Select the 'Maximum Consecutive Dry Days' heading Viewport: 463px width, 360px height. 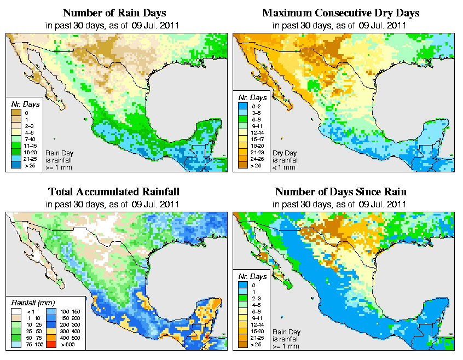coord(340,13)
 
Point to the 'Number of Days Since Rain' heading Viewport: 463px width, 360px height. coord(340,192)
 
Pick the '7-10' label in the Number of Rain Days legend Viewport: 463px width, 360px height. coord(31,138)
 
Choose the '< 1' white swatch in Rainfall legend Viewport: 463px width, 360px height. coord(17,311)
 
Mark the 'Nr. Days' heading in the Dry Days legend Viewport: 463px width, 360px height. coord(255,97)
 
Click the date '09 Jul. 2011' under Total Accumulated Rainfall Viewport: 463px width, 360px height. coord(155,204)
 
